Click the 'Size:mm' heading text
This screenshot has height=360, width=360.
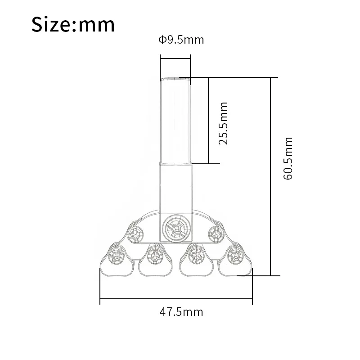73,24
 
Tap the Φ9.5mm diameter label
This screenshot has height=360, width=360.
181,40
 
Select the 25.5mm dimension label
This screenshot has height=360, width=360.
223,123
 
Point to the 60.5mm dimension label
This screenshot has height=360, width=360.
288,158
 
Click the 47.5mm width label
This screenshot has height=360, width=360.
181,312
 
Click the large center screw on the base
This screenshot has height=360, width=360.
176,229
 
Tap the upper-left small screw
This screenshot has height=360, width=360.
135,234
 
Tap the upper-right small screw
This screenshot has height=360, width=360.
216,234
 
